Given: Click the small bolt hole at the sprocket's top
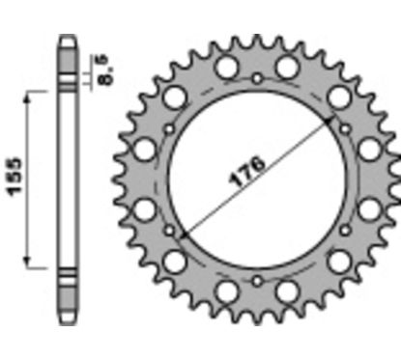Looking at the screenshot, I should [258, 77].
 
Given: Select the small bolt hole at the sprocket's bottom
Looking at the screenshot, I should [258, 279].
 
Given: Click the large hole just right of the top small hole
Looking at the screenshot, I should [288, 67].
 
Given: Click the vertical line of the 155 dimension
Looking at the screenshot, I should [35, 179].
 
